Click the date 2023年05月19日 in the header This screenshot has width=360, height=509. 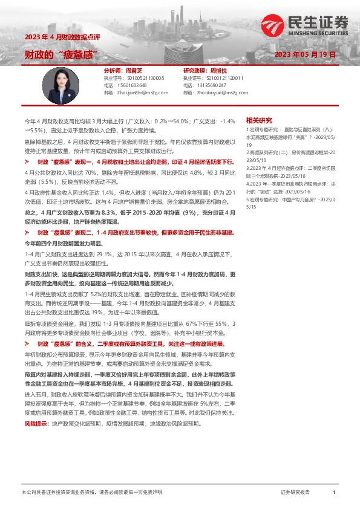click(x=304, y=54)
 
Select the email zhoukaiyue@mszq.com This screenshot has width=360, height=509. click(x=214, y=92)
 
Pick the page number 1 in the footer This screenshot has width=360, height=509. click(x=333, y=493)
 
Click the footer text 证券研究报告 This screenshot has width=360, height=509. click(x=295, y=493)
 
